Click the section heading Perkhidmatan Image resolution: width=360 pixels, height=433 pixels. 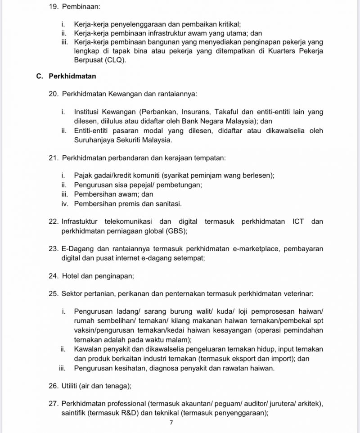click(x=72, y=77)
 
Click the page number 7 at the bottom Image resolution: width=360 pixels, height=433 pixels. click(x=171, y=423)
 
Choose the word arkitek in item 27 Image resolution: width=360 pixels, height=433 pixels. click(x=309, y=403)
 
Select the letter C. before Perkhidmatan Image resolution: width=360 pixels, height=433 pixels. click(x=40, y=77)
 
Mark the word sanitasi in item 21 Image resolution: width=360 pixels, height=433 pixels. click(x=167, y=204)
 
